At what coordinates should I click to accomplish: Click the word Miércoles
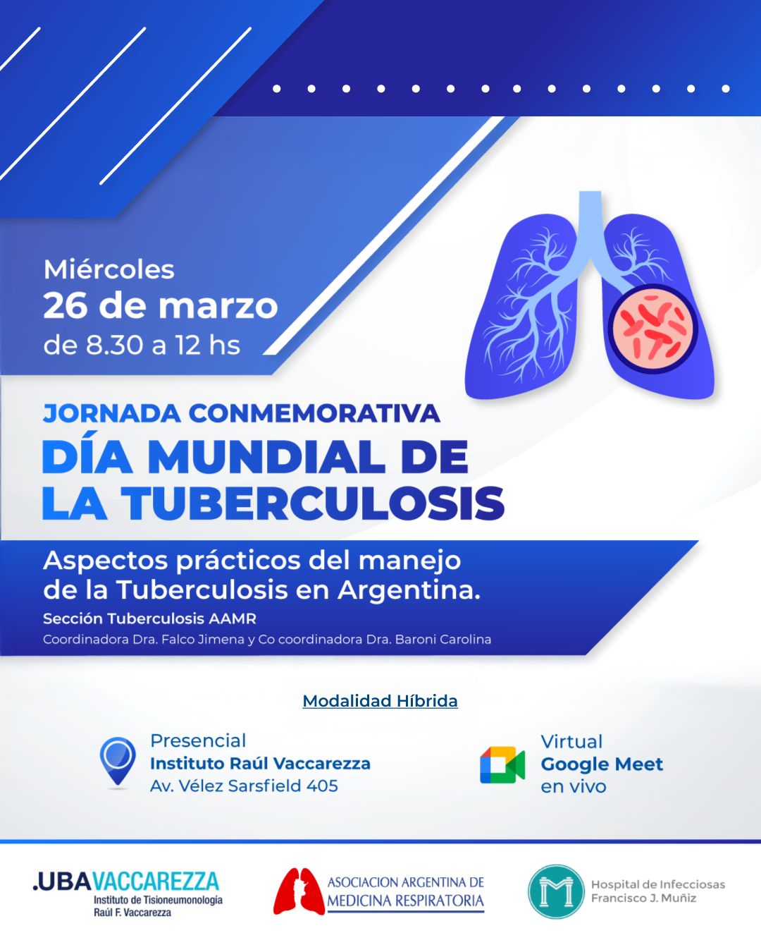coord(109,269)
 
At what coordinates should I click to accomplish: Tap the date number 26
coord(66,306)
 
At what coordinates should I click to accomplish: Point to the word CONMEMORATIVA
coord(314,414)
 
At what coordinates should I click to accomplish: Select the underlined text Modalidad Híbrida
coord(380,701)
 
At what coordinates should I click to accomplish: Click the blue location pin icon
coord(118,761)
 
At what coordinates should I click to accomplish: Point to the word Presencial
coord(198,741)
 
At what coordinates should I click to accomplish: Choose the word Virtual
coord(571,742)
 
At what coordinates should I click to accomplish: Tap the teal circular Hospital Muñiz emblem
coord(556,892)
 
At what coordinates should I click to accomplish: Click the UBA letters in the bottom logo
coord(63,881)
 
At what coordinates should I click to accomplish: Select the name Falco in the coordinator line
coord(178,640)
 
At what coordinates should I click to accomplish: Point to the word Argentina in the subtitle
coord(409,591)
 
